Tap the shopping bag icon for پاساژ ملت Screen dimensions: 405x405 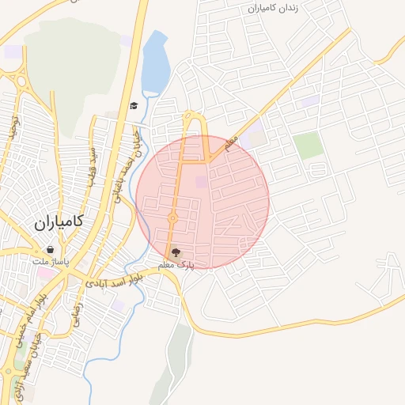(x=50, y=248)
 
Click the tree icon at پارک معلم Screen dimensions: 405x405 (x=175, y=252)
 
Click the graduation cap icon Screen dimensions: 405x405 (x=134, y=106)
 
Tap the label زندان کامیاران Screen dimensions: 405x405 (x=273, y=8)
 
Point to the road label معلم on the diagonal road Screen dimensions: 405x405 (x=231, y=143)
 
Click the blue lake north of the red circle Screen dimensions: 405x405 (x=157, y=62)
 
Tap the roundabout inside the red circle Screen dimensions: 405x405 (x=172, y=218)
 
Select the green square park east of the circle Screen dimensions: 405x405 (x=308, y=146)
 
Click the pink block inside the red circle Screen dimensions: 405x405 (x=200, y=183)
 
